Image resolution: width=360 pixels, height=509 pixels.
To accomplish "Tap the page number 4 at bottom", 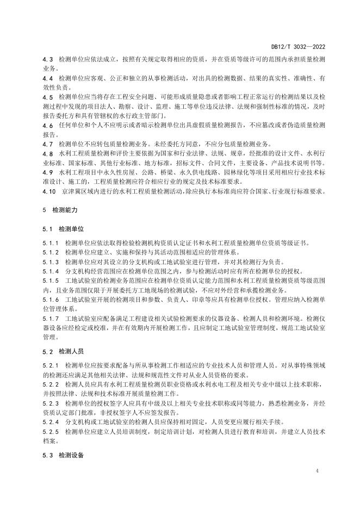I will [x=316, y=470].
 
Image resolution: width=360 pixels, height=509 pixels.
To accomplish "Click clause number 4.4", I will [x=48, y=78].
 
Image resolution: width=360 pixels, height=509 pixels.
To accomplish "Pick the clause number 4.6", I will [x=48, y=125].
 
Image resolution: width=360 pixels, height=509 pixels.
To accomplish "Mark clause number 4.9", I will [x=48, y=172].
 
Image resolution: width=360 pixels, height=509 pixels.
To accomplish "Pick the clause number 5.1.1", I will [x=51, y=244].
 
